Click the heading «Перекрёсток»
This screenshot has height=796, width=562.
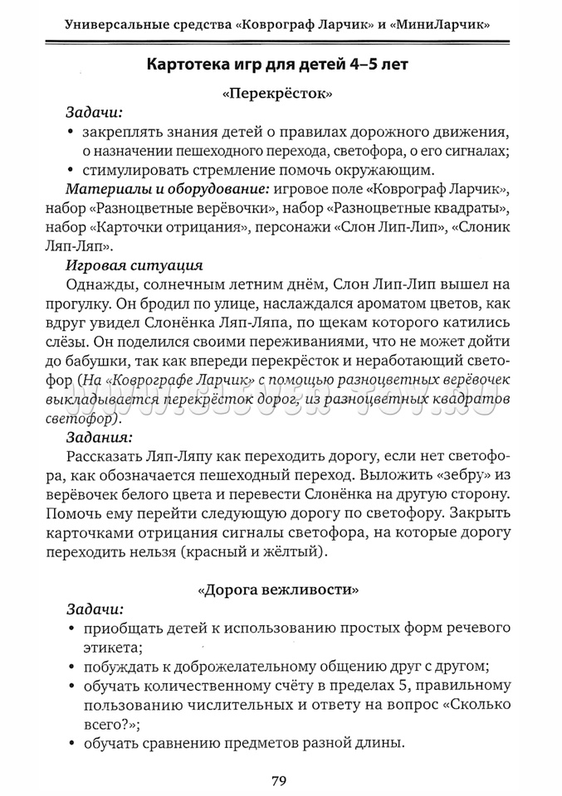point(278,95)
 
